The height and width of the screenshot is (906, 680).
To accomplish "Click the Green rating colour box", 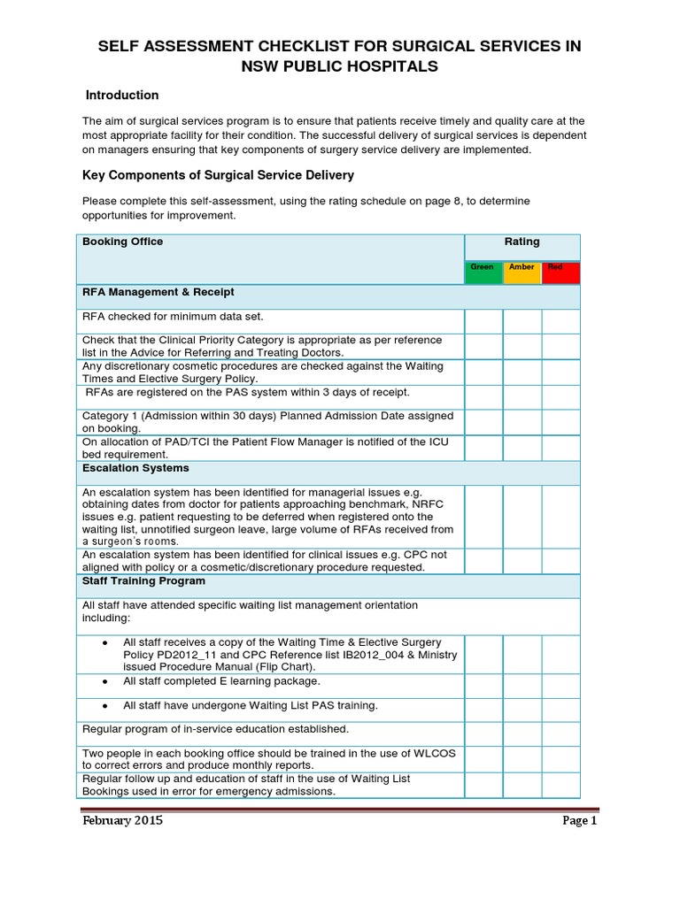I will coord(483,273).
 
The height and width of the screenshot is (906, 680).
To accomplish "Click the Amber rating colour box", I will coord(522,273).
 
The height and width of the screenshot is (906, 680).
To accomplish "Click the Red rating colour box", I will coord(560,273).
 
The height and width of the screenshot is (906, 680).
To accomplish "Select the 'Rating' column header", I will coord(522,242).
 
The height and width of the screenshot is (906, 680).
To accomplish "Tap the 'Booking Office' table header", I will coord(122,242).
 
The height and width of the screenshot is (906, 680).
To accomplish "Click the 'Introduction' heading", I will coord(121,96).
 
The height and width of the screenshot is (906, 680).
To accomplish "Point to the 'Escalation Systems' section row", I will coord(135,468).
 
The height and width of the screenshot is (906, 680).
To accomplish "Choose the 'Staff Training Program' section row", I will coord(143,581).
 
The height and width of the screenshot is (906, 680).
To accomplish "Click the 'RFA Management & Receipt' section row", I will coord(158,292).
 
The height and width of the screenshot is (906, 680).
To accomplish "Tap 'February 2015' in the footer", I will coord(122,820).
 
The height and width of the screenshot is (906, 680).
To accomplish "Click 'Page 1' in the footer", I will coord(580,820).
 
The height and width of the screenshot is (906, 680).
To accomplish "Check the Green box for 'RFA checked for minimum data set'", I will coord(483,320).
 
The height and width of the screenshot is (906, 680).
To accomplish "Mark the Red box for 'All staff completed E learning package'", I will coord(560,686).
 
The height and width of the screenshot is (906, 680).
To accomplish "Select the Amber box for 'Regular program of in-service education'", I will coord(522,733).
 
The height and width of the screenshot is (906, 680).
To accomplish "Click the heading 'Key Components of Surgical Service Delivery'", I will coord(218,175).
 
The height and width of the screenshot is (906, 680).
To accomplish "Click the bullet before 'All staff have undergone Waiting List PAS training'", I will coord(105,705).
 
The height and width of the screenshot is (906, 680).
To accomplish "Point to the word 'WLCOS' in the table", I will coord(437,753).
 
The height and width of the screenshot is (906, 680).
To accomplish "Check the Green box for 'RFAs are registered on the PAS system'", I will coord(483,397).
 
